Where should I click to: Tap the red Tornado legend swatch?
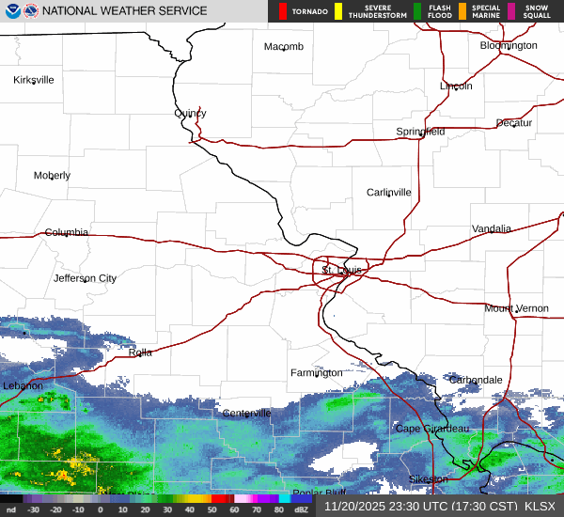pos(283,11)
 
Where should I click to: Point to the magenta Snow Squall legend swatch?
pos(511,11)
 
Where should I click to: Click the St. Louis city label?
pos(341,271)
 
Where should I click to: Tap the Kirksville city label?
pos(34,80)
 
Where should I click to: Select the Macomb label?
pos(284,47)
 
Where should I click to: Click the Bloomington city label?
pos(509,45)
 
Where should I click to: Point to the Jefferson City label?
pos(85,278)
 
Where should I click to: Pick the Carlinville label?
pos(389,193)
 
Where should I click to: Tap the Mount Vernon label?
pos(516,308)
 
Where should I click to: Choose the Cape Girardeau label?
pos(431,429)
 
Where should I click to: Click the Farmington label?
pos(317,373)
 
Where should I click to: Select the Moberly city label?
pos(52,176)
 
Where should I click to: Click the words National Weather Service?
pos(125,11)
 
